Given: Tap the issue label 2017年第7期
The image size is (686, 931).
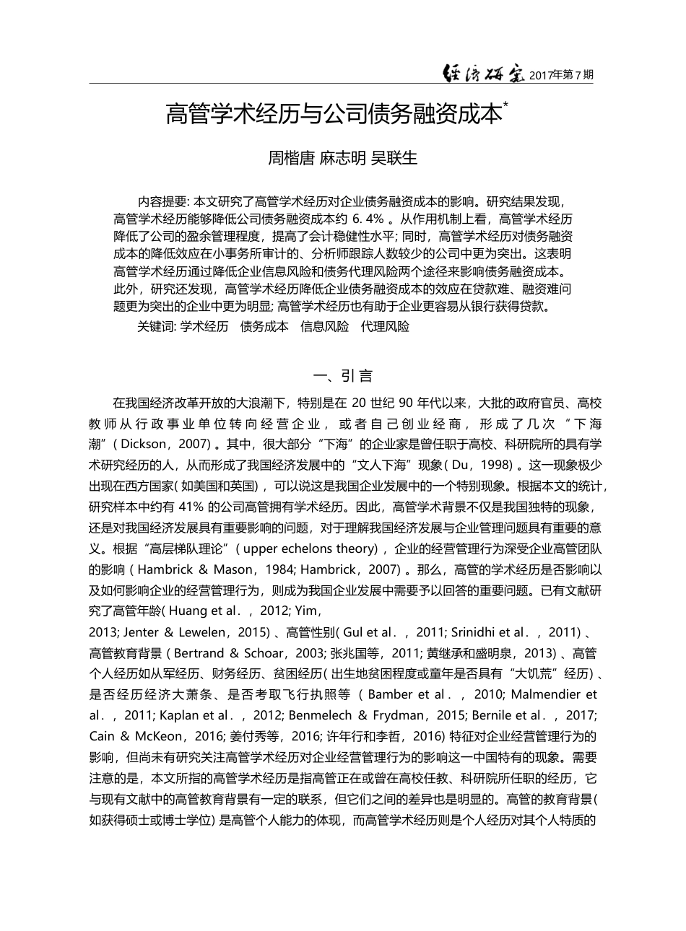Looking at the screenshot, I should (x=561, y=74).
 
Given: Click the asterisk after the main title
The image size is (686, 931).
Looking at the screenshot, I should (x=505, y=105).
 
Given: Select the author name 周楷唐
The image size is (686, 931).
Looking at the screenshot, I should (x=292, y=158).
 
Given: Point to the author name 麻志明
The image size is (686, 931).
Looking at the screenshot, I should (x=343, y=158).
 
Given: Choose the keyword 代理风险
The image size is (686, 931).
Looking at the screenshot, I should (x=385, y=326).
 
